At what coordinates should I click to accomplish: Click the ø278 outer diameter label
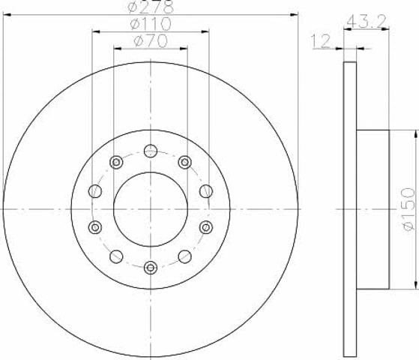(151, 7)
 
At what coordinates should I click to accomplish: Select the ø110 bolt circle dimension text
(151, 24)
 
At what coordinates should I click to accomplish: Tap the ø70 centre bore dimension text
(151, 41)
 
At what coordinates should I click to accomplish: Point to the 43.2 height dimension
(367, 22)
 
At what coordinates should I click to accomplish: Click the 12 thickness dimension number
(322, 42)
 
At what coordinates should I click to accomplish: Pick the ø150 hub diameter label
(408, 209)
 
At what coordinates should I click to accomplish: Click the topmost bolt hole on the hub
(151, 151)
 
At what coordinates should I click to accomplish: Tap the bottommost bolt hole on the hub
(151, 268)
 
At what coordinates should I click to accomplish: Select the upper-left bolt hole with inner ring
(116, 162)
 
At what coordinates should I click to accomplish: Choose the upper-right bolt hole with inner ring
(185, 162)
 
